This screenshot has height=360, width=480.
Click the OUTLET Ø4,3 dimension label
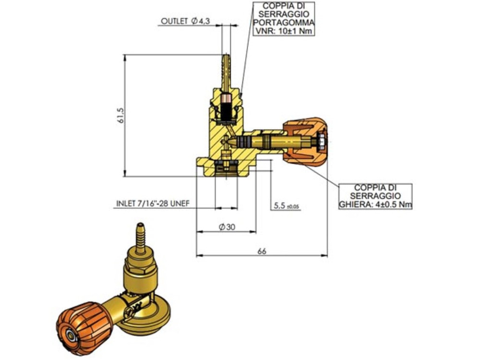[186, 22]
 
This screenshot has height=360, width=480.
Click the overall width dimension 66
[262, 251]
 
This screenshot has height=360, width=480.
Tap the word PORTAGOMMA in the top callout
[285, 23]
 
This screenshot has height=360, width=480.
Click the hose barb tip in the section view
[226, 60]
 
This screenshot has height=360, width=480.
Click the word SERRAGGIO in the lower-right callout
[375, 196]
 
